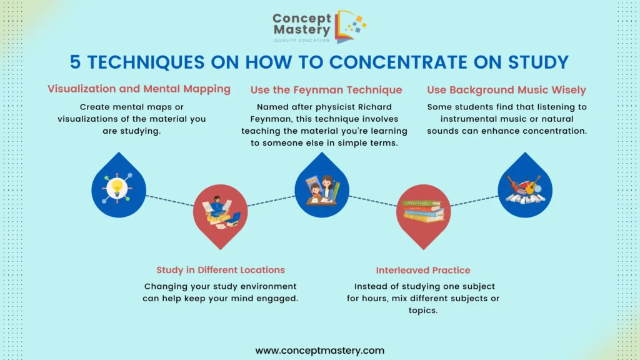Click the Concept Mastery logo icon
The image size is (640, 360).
pyautogui.click(x=350, y=27)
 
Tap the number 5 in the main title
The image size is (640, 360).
pyautogui.click(x=75, y=62)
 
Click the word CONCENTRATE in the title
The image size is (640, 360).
pyautogui.click(x=398, y=62)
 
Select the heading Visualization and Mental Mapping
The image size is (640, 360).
pyautogui.click(x=139, y=89)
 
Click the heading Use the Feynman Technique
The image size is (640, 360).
pyautogui.click(x=326, y=90)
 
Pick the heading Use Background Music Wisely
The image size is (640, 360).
pyautogui.click(x=506, y=90)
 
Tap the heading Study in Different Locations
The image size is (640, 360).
pyautogui.click(x=221, y=270)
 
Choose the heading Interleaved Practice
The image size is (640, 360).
pyautogui.click(x=423, y=270)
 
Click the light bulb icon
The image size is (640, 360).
pyautogui.click(x=117, y=188)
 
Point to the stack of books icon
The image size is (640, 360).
pyautogui.click(x=423, y=211)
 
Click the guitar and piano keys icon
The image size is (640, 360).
pyautogui.click(x=525, y=189)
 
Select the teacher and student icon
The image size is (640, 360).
pyautogui.click(x=322, y=189)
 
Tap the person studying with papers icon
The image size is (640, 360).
pyautogui.click(x=221, y=212)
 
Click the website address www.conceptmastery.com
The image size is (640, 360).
pyautogui.click(x=320, y=350)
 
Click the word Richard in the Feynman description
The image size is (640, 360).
pyautogui.click(x=375, y=107)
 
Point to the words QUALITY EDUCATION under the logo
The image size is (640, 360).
pyautogui.click(x=302, y=40)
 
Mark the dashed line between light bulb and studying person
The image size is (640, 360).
pyautogui.click(x=170, y=201)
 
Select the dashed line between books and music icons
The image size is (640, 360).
pyautogui.click(x=474, y=201)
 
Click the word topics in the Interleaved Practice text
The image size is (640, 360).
pyautogui.click(x=423, y=311)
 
